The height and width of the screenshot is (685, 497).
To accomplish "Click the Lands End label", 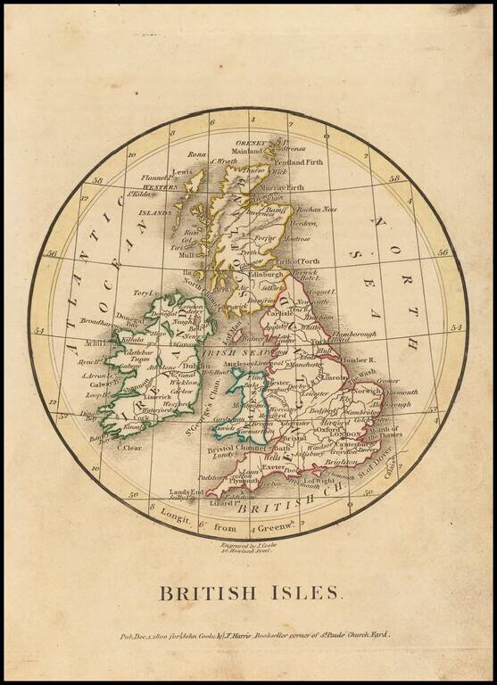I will coord(183,491).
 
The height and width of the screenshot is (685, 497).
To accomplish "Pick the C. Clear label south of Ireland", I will coord(129,448).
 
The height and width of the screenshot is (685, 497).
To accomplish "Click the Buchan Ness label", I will coord(317,210).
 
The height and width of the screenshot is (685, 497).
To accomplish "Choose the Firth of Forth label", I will coord(299,260).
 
